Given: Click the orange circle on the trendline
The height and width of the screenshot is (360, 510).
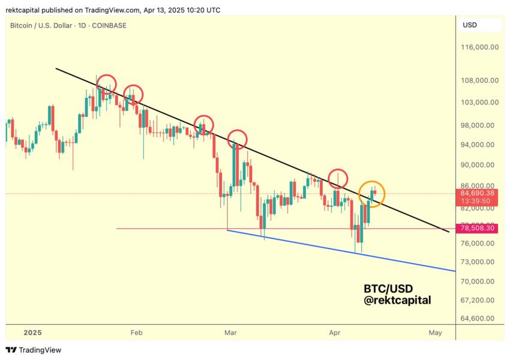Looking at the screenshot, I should tap(371, 194).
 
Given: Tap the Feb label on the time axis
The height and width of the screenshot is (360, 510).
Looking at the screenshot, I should tap(136, 332).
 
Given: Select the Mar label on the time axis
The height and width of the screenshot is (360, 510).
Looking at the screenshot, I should tap(230, 332).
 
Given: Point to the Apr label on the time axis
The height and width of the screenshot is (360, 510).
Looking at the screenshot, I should tap(335, 332).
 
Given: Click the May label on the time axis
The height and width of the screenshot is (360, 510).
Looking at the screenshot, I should tap(436, 332).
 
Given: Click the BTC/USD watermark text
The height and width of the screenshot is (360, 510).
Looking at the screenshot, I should tap(388, 288).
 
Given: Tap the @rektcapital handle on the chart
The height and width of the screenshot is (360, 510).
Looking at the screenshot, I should tap(397, 301).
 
